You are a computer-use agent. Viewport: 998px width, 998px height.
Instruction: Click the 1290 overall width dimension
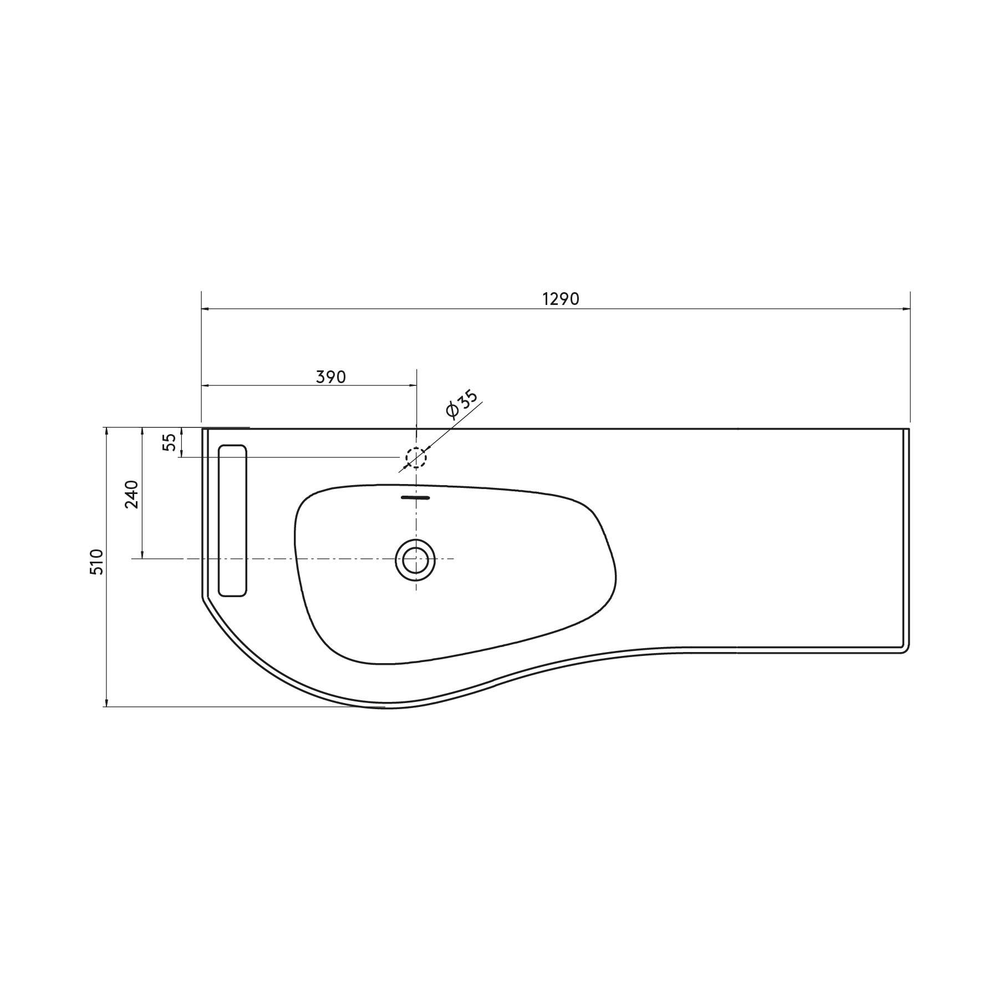(561, 299)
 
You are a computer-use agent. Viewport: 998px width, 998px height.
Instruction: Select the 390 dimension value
(331, 377)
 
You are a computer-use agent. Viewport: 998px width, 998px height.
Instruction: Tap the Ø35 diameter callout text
(461, 404)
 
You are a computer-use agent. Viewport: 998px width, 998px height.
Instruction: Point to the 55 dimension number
(170, 441)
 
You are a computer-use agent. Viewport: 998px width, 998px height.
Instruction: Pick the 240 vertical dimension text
(131, 494)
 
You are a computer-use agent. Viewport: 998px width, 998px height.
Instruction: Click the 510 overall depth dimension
(96, 562)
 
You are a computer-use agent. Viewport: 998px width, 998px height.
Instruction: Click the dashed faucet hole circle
(415, 458)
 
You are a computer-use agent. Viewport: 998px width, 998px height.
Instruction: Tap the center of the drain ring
(415, 560)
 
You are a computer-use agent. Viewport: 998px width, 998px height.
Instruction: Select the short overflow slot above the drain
(415, 498)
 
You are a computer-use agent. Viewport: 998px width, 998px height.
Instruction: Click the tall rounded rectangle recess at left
(232, 520)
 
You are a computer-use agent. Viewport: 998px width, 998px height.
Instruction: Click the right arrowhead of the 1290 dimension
(907, 308)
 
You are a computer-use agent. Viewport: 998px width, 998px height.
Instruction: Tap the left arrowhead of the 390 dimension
(205, 385)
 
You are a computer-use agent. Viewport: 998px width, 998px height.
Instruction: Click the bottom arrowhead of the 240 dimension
(142, 555)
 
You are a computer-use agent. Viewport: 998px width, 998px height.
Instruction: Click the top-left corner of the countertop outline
(202, 429)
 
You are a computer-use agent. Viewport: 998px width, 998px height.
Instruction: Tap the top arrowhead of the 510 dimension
(105, 431)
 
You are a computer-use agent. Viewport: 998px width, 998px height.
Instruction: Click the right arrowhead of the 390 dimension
(413, 385)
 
